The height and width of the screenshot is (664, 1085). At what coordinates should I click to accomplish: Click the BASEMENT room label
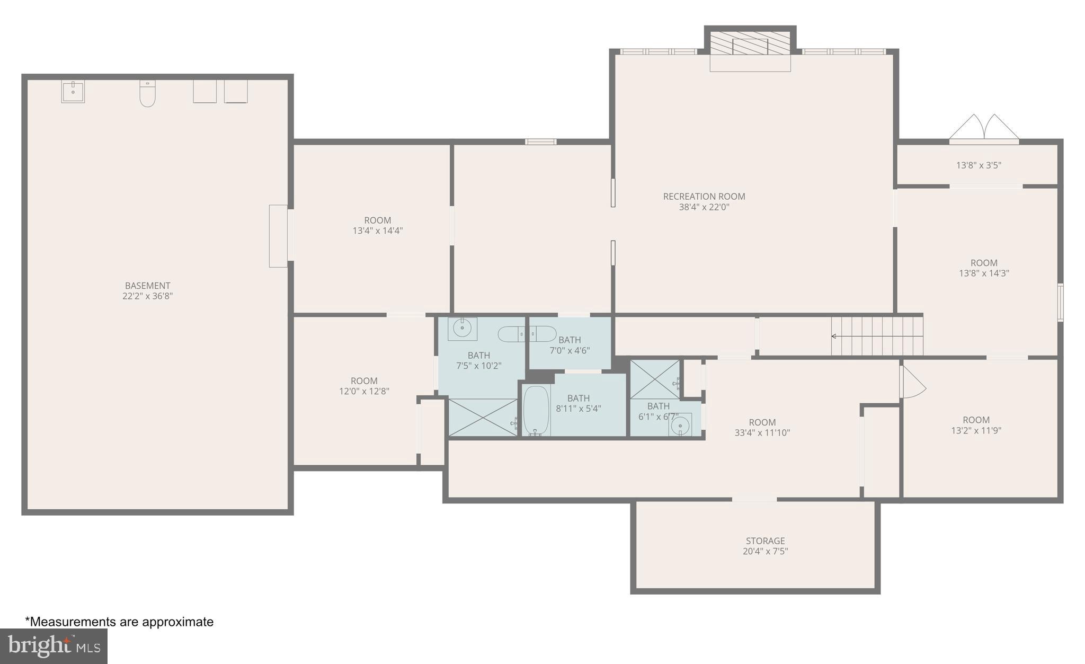click(147, 286)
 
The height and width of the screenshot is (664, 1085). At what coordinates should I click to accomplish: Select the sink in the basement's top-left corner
click(73, 92)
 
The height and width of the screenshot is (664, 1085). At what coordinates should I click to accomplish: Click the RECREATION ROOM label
click(704, 197)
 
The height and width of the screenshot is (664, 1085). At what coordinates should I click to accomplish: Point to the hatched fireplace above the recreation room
click(750, 43)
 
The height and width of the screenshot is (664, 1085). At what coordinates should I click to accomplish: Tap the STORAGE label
click(765, 541)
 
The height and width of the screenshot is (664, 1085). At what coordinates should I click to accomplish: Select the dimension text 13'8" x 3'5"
click(979, 165)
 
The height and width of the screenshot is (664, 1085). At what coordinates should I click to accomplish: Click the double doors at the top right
click(984, 129)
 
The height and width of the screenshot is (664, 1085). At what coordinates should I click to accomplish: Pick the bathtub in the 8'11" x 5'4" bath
click(536, 410)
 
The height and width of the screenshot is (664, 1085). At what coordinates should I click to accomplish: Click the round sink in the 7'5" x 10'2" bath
click(462, 329)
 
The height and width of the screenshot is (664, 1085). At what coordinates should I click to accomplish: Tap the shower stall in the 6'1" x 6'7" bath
click(655, 379)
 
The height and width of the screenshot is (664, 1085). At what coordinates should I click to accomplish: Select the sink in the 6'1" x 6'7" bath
click(680, 425)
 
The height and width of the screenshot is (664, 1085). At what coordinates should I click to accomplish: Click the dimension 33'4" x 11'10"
click(762, 432)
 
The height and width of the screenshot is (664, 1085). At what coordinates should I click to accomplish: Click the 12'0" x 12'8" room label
click(364, 386)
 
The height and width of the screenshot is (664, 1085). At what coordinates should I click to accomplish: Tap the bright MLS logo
click(54, 645)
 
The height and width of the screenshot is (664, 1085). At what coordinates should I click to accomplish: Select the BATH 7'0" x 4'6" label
click(570, 345)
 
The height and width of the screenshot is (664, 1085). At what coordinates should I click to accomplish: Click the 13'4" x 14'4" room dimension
click(378, 231)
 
